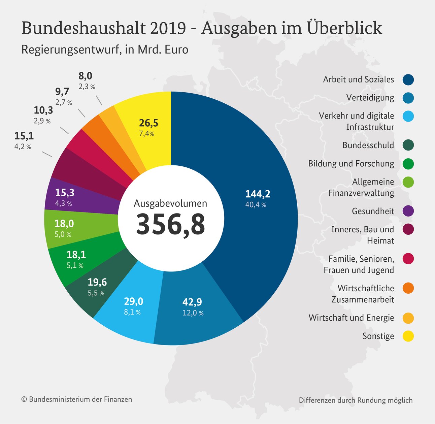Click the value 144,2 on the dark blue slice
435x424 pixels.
pos(258,194)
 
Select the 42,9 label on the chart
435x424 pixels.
pos(192,302)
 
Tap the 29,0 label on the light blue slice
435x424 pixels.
pos(133,301)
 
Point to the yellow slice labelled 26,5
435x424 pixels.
pos(148,123)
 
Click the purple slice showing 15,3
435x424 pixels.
pos(65,193)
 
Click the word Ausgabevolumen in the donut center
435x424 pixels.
pos(170,203)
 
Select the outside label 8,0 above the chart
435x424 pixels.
pos(85,76)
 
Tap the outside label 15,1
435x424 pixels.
pos(24,136)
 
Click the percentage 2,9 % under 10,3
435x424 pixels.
pos(42,121)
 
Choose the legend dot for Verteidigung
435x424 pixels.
pos(408,98)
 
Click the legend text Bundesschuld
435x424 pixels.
pos(368,145)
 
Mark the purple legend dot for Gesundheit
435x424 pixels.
pos(408,211)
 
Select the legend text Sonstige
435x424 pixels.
pos(378,336)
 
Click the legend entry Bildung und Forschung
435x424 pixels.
pos(351,164)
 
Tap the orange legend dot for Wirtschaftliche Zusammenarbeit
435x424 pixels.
pos(408,288)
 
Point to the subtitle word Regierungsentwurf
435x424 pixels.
pos(71,50)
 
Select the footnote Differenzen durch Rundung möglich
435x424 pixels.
pos(356,400)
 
